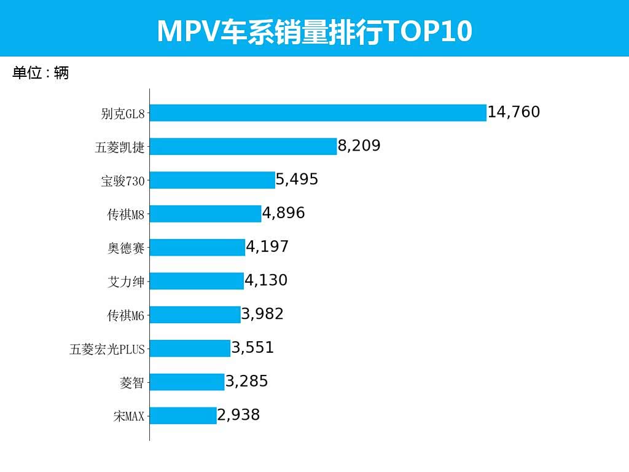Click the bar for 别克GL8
click(x=318, y=113)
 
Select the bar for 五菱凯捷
click(x=243, y=146)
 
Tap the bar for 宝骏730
click(x=213, y=180)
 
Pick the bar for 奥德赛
click(x=197, y=247)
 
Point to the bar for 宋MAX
click(x=183, y=415)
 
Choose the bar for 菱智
click(x=187, y=382)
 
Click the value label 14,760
click(x=514, y=112)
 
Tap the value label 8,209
click(x=359, y=146)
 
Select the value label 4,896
click(x=284, y=213)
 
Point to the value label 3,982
click(x=262, y=315)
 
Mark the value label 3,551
click(x=252, y=348)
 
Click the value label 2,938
click(x=239, y=415)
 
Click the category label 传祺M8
click(x=126, y=214)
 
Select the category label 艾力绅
click(x=126, y=281)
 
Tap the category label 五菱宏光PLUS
click(x=107, y=349)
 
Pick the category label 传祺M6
click(x=126, y=315)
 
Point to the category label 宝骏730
click(x=123, y=181)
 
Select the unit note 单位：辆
click(x=41, y=73)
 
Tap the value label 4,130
click(x=267, y=281)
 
